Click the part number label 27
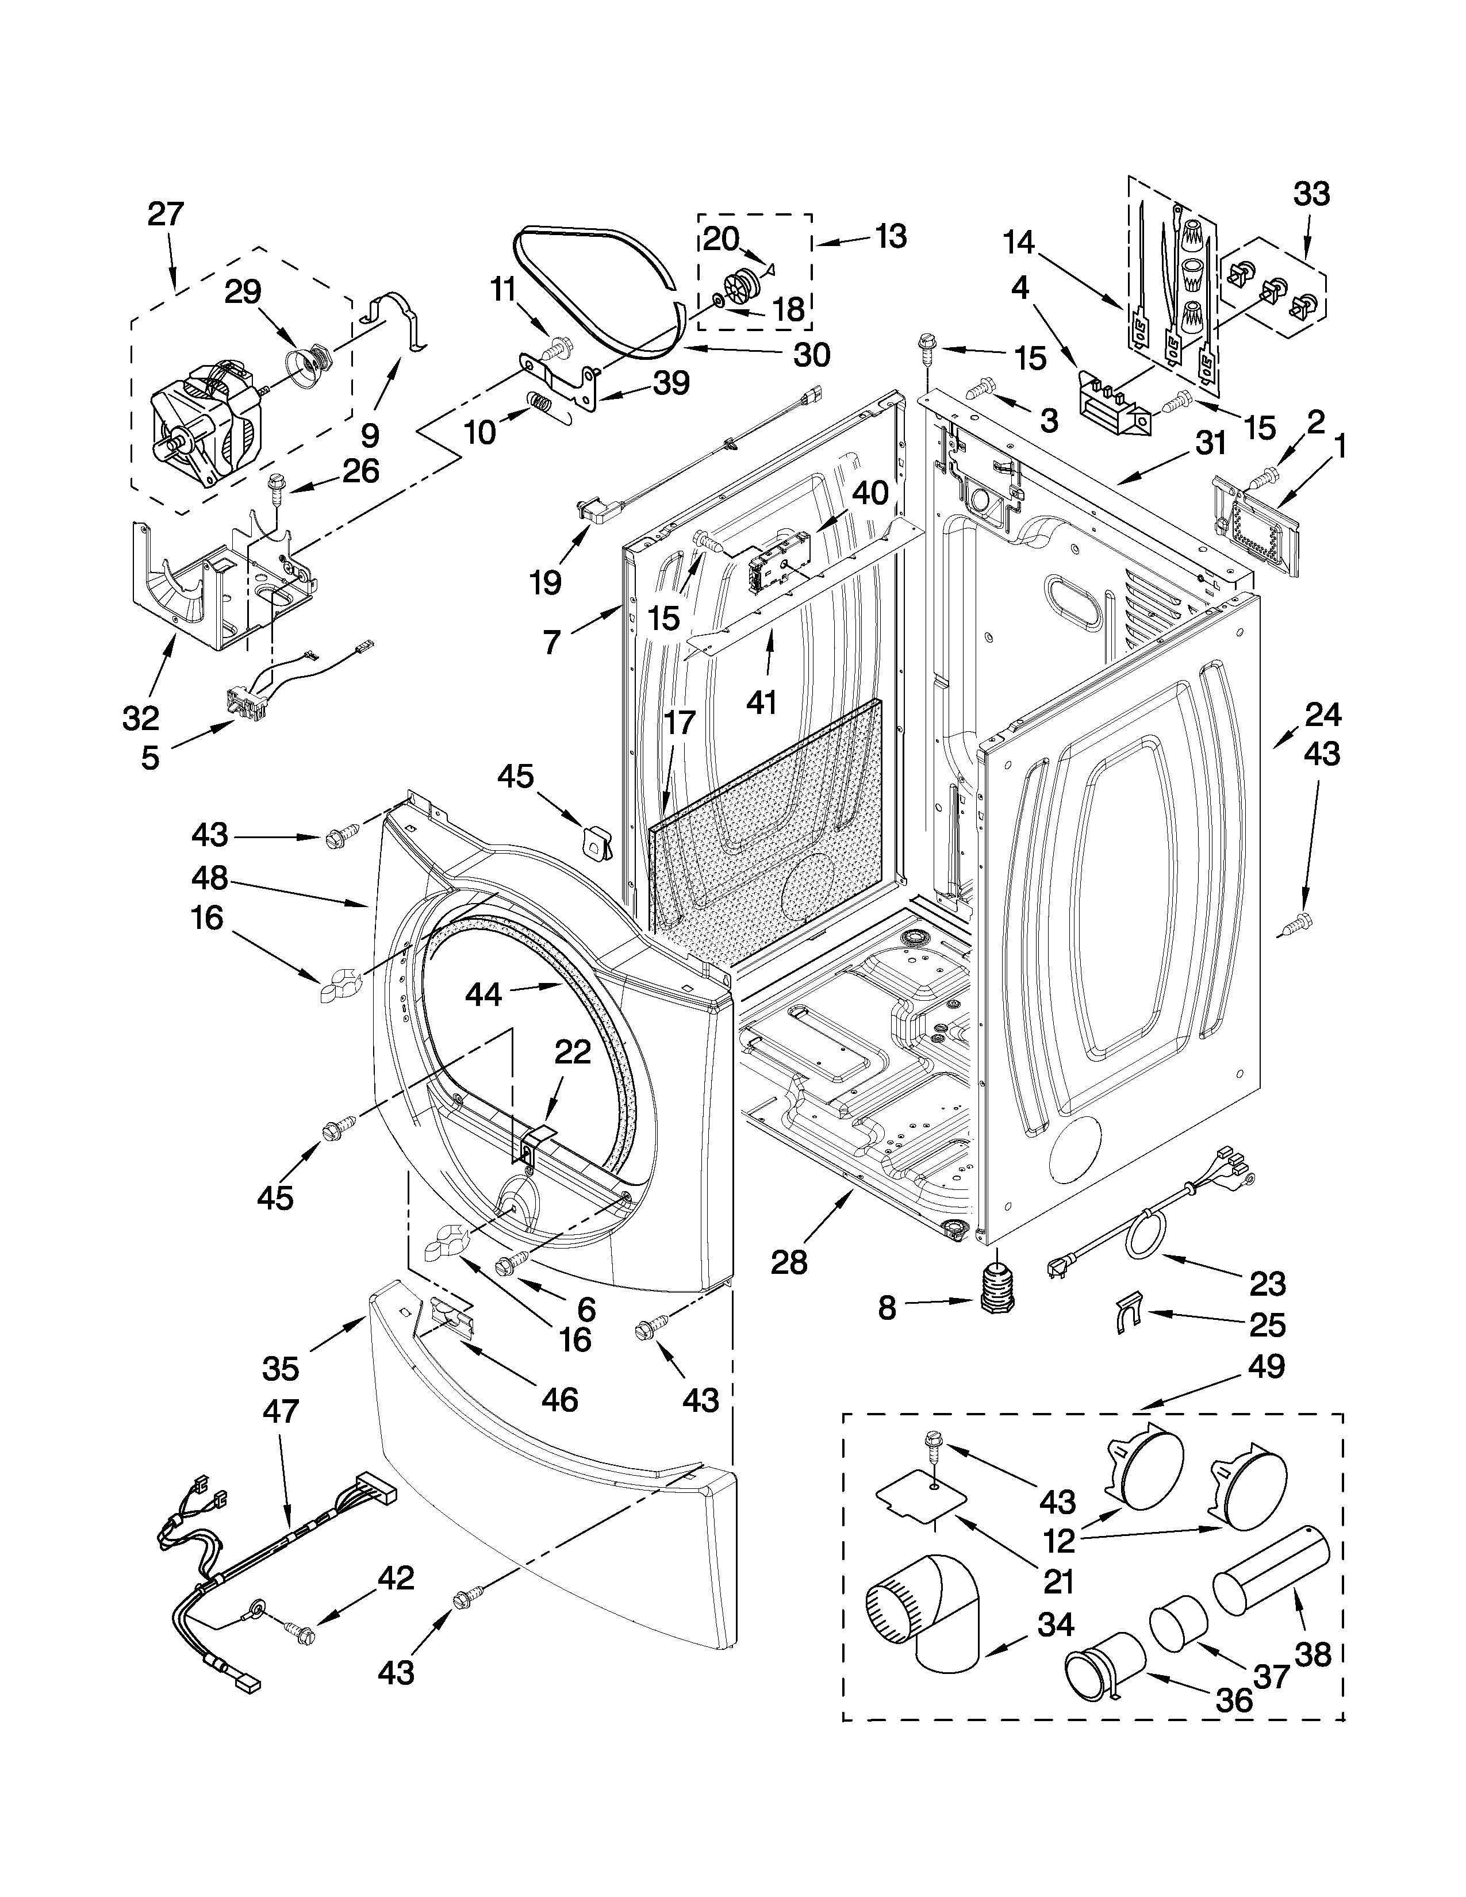point(166,214)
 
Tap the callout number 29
point(243,292)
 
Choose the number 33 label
point(1311,194)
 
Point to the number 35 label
point(281,1369)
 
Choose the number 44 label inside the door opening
point(483,994)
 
